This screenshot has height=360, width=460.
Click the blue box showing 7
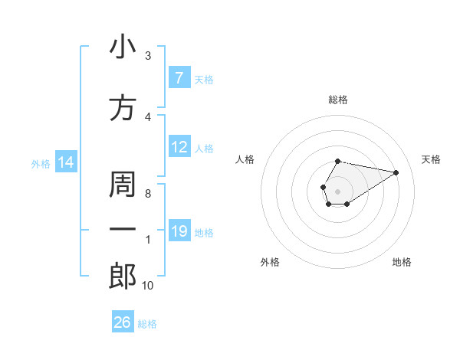pos(179,77)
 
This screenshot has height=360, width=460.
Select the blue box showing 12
pos(179,147)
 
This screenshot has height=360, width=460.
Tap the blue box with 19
pos(179,231)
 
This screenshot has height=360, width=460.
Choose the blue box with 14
pos(66,162)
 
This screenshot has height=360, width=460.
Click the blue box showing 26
pos(123,322)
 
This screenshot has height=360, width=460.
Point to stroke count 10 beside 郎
pos(147,286)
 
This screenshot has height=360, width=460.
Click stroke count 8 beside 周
pos(148,194)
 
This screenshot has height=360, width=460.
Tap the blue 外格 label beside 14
pos(41,163)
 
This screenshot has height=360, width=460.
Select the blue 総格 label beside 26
pos(147,324)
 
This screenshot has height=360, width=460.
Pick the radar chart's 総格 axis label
pos(338,100)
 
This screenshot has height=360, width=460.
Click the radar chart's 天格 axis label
pos(432,159)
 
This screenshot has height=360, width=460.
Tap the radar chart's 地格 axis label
pos(402,262)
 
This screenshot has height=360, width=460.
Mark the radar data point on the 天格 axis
pos(396,172)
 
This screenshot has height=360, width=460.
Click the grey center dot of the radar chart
pos(338,191)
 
